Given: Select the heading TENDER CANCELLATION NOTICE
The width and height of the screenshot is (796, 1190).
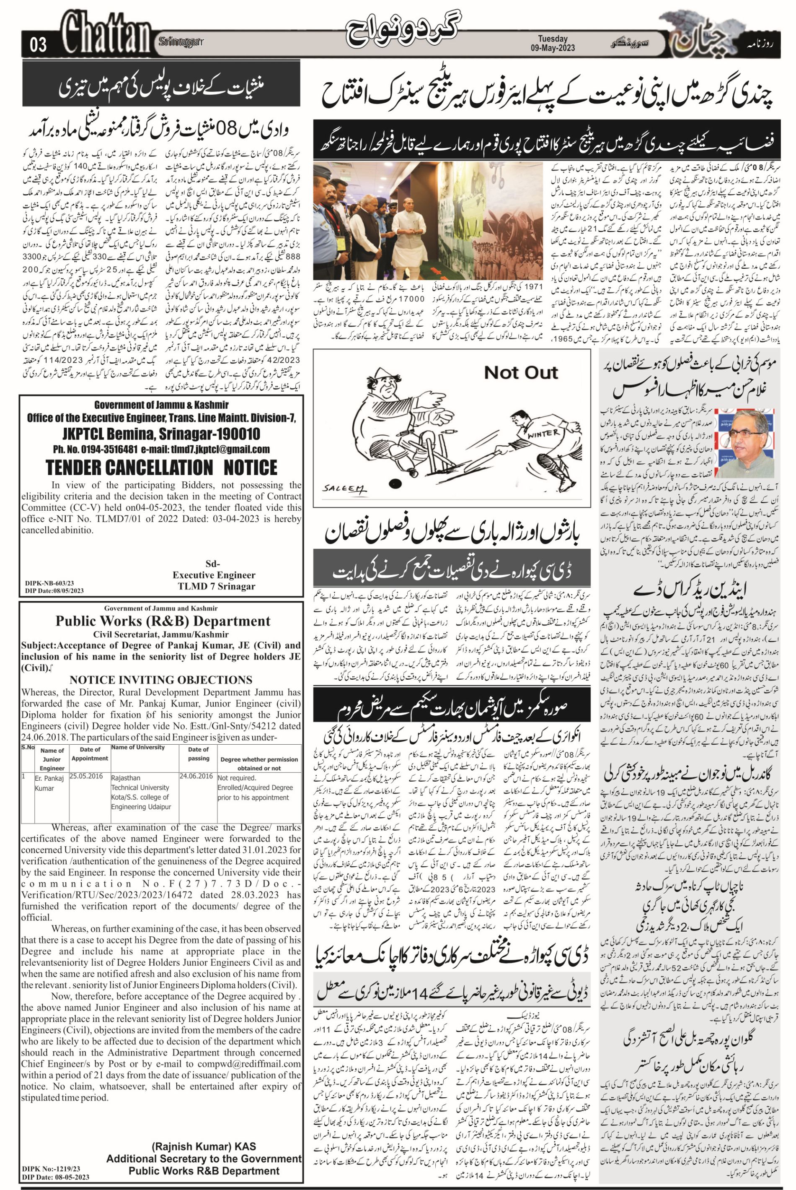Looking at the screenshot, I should (x=161, y=468).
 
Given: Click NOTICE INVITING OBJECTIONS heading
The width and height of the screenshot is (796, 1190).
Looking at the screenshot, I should (x=161, y=680).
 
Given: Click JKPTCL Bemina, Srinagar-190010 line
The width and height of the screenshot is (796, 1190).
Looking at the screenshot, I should (x=161, y=434).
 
